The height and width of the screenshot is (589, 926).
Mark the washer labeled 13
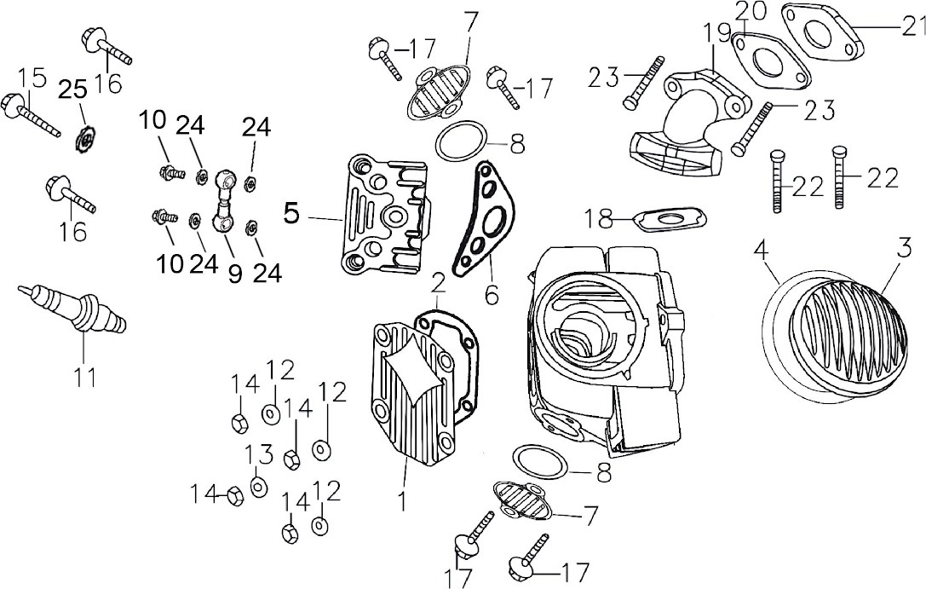tap(258, 487)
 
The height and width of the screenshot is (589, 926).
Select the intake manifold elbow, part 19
tap(682, 119)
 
